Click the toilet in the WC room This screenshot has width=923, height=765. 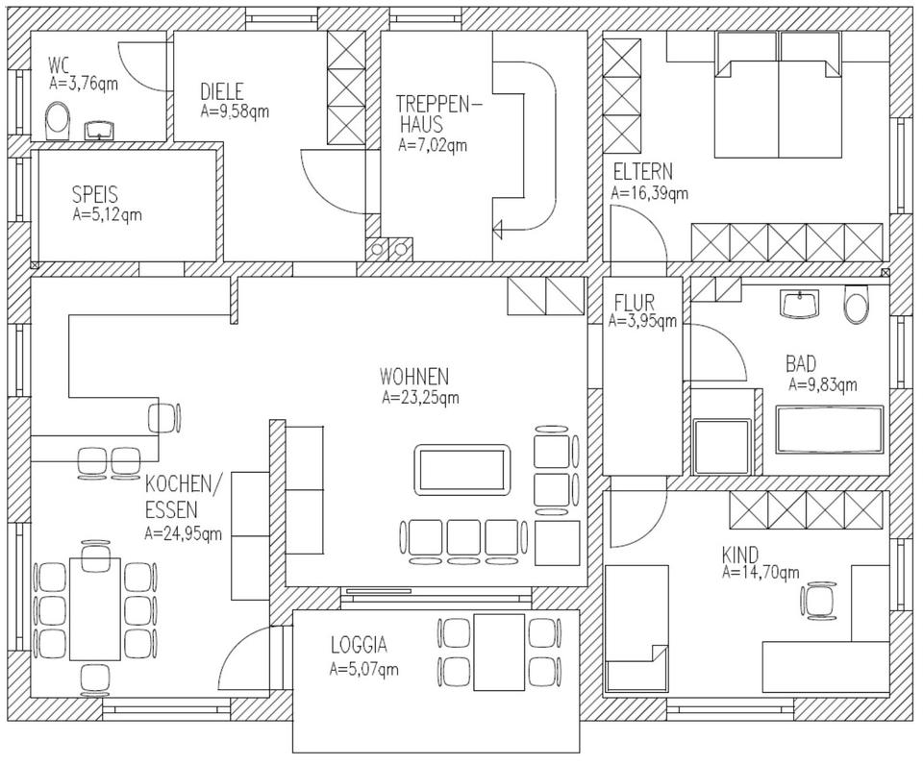pyautogui.click(x=59, y=123)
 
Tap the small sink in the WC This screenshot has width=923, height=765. pyautogui.click(x=98, y=129)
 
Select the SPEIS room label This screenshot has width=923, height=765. pyautogui.click(x=94, y=194)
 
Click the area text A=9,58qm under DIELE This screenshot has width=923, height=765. pyautogui.click(x=235, y=111)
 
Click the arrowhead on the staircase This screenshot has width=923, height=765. pyautogui.click(x=498, y=229)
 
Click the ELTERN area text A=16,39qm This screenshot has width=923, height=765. pyautogui.click(x=650, y=193)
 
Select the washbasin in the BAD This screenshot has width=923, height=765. pyautogui.click(x=799, y=305)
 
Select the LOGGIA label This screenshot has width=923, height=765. pyautogui.click(x=359, y=645)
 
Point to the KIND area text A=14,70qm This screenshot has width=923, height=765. pyautogui.click(x=761, y=573)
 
